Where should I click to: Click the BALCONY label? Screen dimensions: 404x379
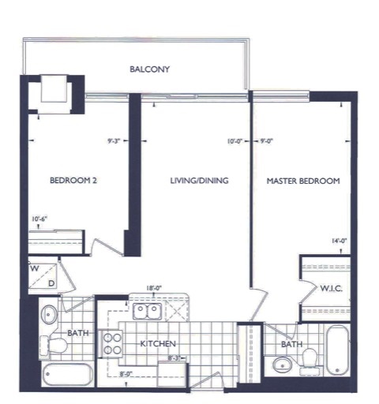coord(150,69)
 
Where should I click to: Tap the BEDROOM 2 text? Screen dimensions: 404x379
coord(73,181)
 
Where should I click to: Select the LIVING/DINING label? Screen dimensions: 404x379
coord(199,181)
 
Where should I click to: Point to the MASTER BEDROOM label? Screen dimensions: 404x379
coord(303,181)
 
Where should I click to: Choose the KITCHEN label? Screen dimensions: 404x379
coord(158,345)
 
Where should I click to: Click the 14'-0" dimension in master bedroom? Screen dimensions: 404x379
coord(340,242)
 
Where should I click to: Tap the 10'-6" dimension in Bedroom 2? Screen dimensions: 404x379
coord(39,219)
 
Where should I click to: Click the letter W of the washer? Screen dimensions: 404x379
coord(35,267)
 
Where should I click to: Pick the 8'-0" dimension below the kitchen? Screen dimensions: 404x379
coord(126,376)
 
